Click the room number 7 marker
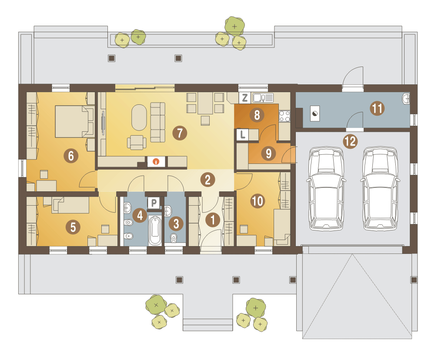[x=180, y=133]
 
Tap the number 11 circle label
[x=377, y=108]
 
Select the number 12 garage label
[x=350, y=141]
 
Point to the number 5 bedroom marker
[x=73, y=227]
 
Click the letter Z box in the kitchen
[x=244, y=98]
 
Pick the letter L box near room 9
[x=242, y=135]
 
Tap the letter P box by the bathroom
[x=154, y=203]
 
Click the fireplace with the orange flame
[x=156, y=162]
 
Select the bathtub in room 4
[x=155, y=230]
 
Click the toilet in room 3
[x=174, y=238]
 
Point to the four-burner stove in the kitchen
[x=284, y=116]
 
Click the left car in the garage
[x=326, y=189]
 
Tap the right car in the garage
[x=380, y=189]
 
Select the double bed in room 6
[x=74, y=121]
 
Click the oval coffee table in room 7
[x=139, y=117]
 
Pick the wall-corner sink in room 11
[x=406, y=99]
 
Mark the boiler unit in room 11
[x=315, y=113]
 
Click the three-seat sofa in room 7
[x=158, y=122]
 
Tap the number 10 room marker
[x=258, y=201]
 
